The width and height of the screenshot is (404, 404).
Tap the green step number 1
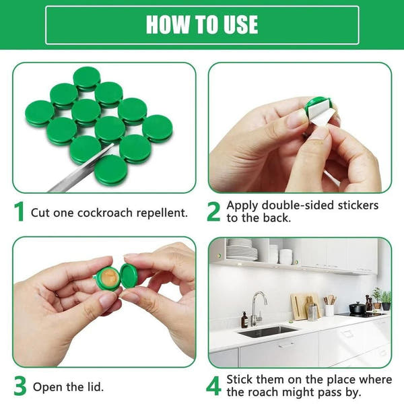coord(20,212)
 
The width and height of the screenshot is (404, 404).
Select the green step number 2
coord(213,211)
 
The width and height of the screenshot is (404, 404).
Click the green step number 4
coord(213,386)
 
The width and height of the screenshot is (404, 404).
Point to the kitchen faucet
coord(256,306)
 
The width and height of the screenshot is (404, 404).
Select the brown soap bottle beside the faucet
coord(244,320)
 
